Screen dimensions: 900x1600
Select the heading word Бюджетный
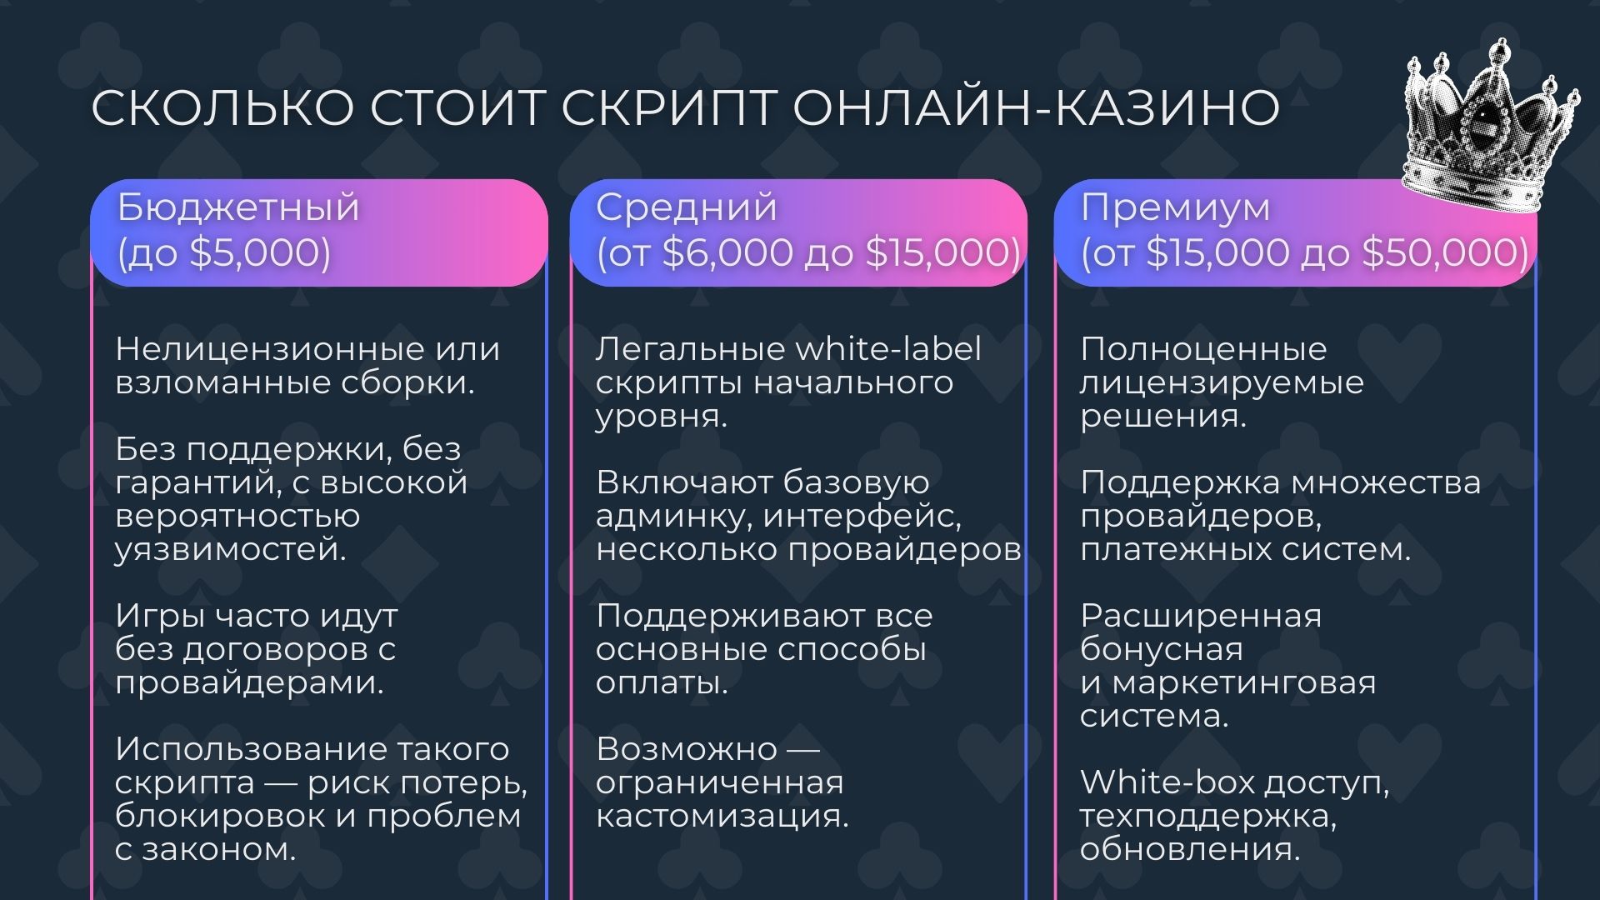point(238,207)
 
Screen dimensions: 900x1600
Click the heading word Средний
point(686,207)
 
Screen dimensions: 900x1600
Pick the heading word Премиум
point(1175,207)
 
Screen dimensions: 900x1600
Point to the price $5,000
point(253,252)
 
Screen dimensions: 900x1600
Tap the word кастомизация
point(722,816)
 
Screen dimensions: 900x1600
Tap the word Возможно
point(686,749)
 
